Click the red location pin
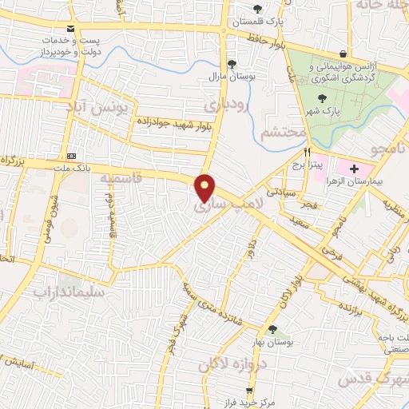[206, 188]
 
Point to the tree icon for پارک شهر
[323, 98]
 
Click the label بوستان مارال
[232, 75]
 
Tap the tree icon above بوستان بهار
[273, 329]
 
